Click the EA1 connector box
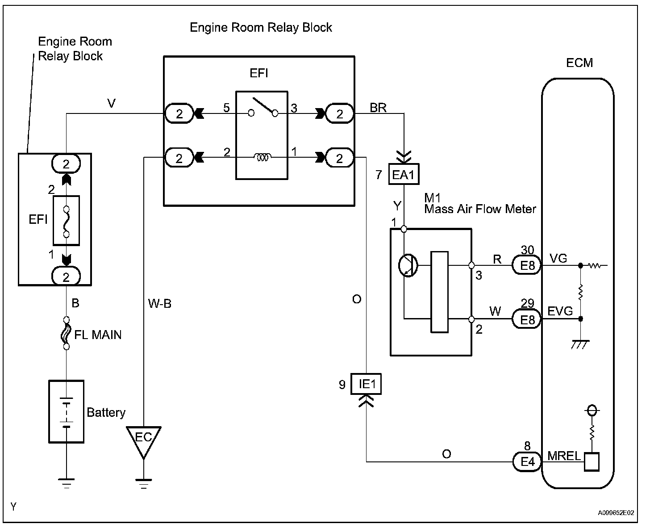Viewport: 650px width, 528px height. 404,174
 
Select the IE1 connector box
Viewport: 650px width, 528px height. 366,384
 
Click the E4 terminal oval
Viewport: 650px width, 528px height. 527,462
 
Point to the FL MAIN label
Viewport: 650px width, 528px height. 98,335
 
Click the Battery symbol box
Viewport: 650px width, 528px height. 66,411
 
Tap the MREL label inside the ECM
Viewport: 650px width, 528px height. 564,456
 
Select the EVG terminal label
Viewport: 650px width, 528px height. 560,311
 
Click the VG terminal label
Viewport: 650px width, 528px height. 558,258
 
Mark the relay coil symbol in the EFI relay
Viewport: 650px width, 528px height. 262,157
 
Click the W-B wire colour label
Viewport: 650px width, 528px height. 160,304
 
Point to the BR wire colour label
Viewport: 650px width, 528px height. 378,108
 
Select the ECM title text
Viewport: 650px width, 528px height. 579,63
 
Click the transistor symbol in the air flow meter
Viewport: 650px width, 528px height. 408,265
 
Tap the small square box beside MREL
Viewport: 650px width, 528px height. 592,462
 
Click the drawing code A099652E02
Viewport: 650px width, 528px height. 616,512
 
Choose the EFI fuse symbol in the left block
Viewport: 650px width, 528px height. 66,221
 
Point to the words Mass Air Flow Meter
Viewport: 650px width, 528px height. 480,209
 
